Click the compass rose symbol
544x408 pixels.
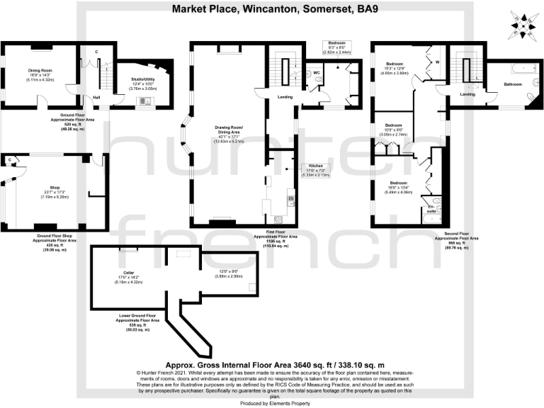523,26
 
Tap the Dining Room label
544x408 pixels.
40,70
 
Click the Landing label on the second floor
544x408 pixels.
467,93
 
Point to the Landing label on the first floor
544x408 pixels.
285,97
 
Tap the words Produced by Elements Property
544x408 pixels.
271,402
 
